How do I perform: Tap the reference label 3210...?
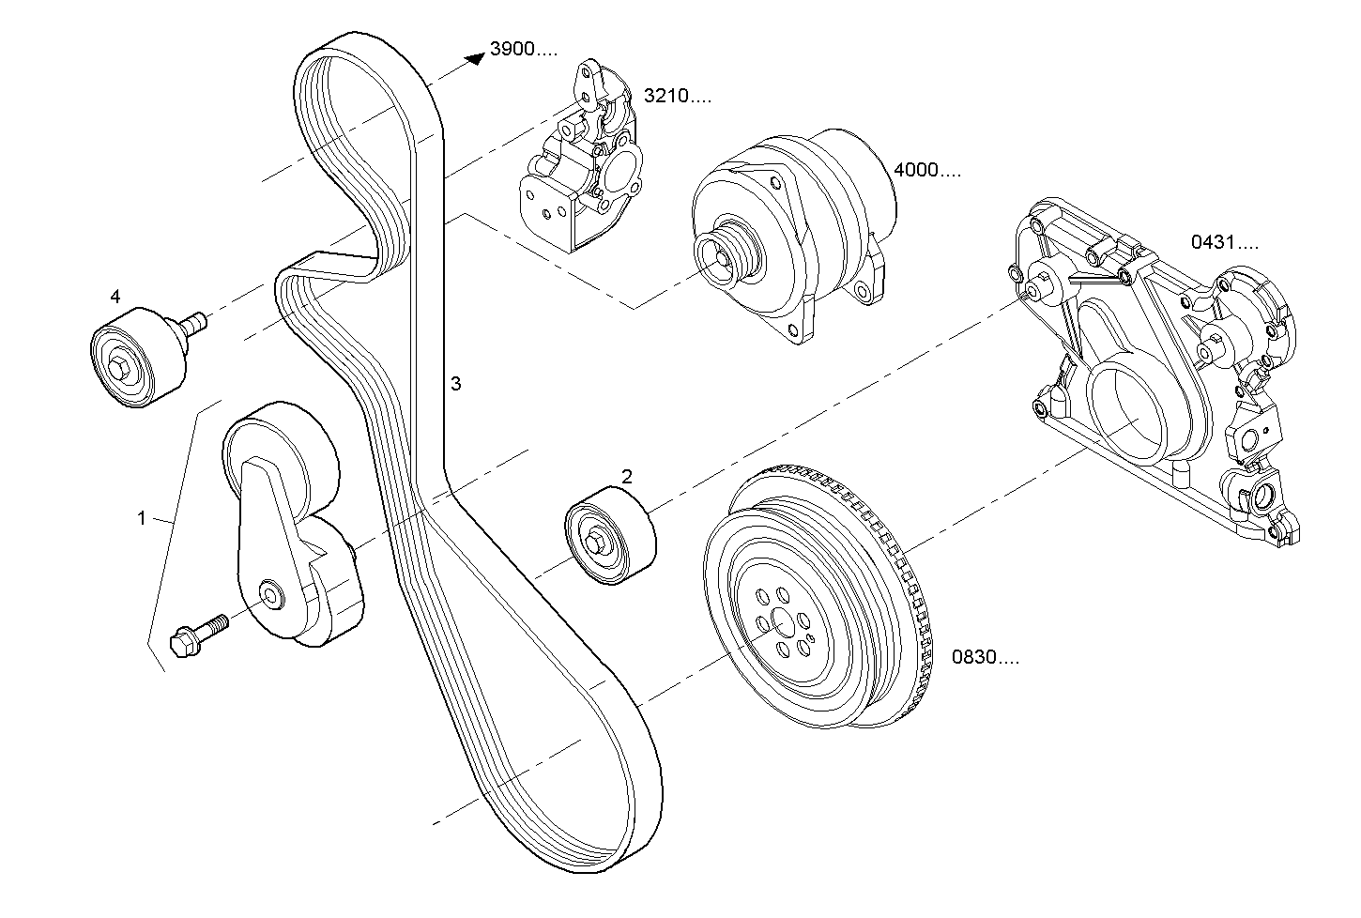click(677, 96)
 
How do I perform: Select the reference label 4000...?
click(927, 171)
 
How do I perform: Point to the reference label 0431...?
click(1225, 242)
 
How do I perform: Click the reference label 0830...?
click(985, 657)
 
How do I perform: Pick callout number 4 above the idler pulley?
click(115, 297)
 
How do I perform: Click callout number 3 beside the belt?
click(455, 383)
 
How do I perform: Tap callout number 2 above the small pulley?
click(627, 477)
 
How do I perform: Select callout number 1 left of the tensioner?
click(142, 518)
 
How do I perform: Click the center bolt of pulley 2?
click(596, 543)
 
